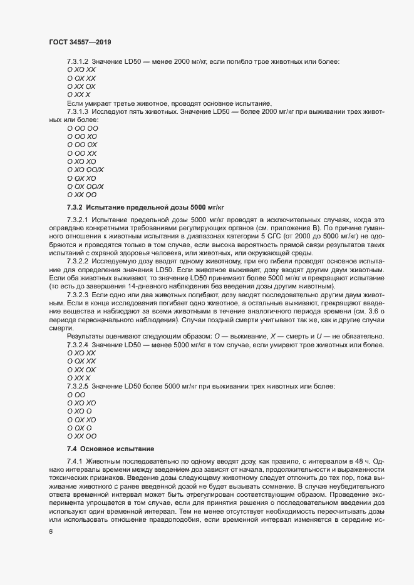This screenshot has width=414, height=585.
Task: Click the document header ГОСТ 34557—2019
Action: click(x=81, y=42)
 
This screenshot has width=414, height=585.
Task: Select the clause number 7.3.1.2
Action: click(x=78, y=61)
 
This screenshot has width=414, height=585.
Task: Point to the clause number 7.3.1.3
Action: click(x=78, y=111)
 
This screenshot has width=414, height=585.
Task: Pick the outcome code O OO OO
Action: click(x=82, y=128)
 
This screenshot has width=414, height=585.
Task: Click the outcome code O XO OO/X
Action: click(x=85, y=170)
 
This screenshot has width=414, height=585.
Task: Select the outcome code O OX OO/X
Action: click(x=85, y=186)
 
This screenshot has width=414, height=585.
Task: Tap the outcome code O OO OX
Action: click(x=82, y=145)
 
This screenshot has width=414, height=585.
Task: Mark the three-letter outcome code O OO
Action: click(x=76, y=395)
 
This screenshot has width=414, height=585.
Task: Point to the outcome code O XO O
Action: click(x=79, y=412)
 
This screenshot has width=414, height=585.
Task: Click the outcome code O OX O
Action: click(x=79, y=428)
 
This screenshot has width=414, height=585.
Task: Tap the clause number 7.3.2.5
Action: click(x=78, y=387)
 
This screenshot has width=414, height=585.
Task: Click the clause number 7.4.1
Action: click(x=75, y=460)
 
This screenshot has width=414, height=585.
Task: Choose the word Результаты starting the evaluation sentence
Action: click(x=85, y=337)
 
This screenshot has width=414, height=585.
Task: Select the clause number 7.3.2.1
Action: click(x=78, y=220)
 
